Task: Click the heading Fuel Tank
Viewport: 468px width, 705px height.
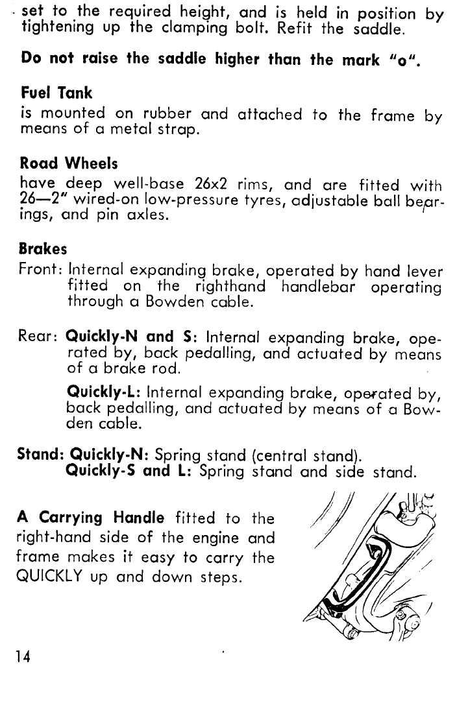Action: (x=57, y=93)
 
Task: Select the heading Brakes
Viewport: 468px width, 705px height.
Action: (x=44, y=249)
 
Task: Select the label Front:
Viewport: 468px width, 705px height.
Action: (x=41, y=270)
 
